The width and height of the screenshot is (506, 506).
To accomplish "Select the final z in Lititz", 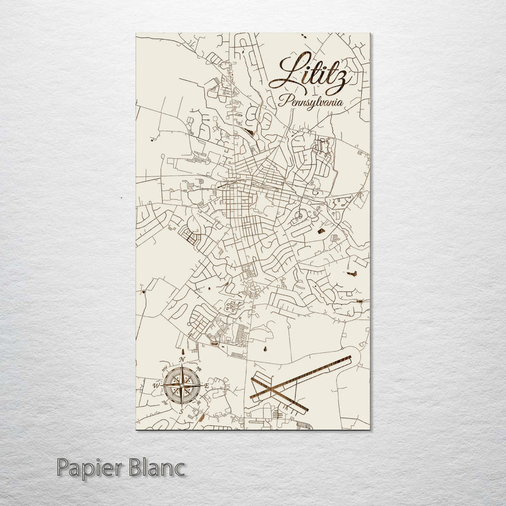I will click(338, 79).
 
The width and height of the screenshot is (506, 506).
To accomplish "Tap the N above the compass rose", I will click(182, 361).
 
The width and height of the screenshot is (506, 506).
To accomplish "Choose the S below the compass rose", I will click(182, 409).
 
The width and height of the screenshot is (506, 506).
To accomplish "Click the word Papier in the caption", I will click(85, 469).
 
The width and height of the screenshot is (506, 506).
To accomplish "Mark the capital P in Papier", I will click(61, 469).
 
